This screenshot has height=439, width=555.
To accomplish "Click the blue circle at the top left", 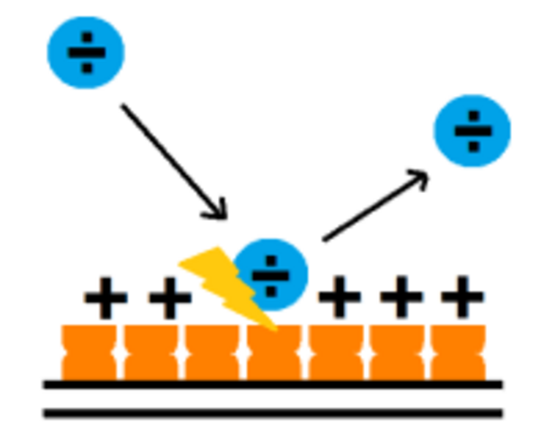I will point(86,53).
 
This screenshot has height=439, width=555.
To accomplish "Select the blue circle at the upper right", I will point(472,131).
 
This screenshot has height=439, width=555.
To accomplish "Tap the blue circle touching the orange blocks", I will point(271,274).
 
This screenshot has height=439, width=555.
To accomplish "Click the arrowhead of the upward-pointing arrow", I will point(420,178).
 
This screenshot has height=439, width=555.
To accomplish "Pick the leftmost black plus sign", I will point(106,298).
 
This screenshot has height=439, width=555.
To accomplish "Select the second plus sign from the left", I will point(170,298).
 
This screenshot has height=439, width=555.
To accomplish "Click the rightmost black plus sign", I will point(462,298).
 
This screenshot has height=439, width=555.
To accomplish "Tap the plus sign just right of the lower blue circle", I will point(339,298).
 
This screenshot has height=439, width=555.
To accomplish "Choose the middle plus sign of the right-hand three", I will point(401,298).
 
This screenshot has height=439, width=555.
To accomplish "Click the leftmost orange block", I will point(88,353).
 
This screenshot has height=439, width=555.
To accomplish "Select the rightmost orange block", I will point(458,353).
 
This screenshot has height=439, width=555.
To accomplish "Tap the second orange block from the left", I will point(151,353).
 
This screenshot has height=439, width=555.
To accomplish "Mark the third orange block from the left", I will point(212,353).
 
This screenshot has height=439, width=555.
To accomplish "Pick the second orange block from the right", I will point(396,353).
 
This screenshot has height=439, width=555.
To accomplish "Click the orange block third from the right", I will point(335,353).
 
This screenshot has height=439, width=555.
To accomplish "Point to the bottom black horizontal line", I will point(273,413).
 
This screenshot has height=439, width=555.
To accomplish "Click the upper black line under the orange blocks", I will point(273,384).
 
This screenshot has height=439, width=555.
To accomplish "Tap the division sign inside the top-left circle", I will point(86,53).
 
